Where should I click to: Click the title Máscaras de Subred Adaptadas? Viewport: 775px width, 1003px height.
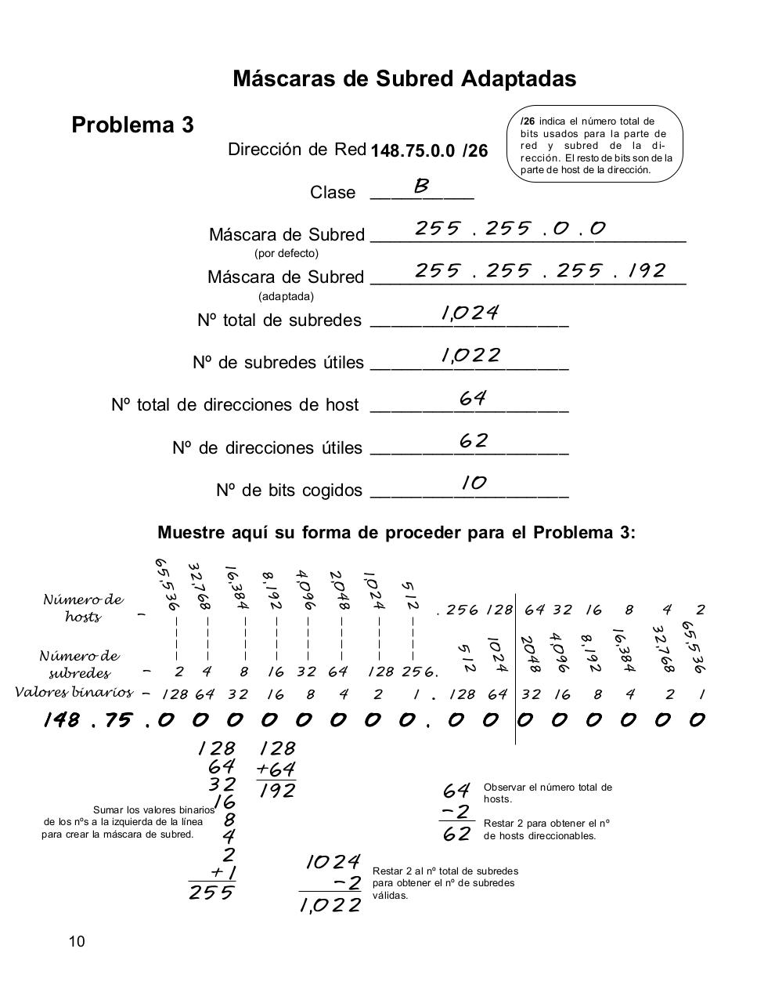404,79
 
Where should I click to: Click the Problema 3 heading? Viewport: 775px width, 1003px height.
132,125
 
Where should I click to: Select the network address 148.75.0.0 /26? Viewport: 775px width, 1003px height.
429,151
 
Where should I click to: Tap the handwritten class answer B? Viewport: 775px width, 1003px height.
421,186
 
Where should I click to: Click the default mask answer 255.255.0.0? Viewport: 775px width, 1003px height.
510,229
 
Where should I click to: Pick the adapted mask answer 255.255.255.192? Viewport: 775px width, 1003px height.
539,271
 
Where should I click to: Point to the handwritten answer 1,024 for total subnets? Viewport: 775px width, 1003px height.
470,313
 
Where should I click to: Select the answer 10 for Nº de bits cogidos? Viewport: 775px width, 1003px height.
474,483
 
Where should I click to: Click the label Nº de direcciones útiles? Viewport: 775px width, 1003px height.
267,448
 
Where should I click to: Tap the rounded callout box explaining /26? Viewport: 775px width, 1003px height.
596,145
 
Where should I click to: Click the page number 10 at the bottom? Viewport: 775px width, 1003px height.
76,942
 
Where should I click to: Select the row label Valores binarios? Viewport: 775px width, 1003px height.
74,693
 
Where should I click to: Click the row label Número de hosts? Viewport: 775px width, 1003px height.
83,608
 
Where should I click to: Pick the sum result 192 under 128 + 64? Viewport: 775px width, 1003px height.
277,791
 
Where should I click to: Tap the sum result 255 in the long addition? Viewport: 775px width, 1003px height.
211,893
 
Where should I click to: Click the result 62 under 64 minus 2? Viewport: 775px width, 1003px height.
456,835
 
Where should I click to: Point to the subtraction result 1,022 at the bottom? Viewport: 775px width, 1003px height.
330,906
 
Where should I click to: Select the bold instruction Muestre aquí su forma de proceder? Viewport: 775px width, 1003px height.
396,533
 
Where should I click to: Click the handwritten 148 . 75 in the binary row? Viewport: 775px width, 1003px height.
88,719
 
